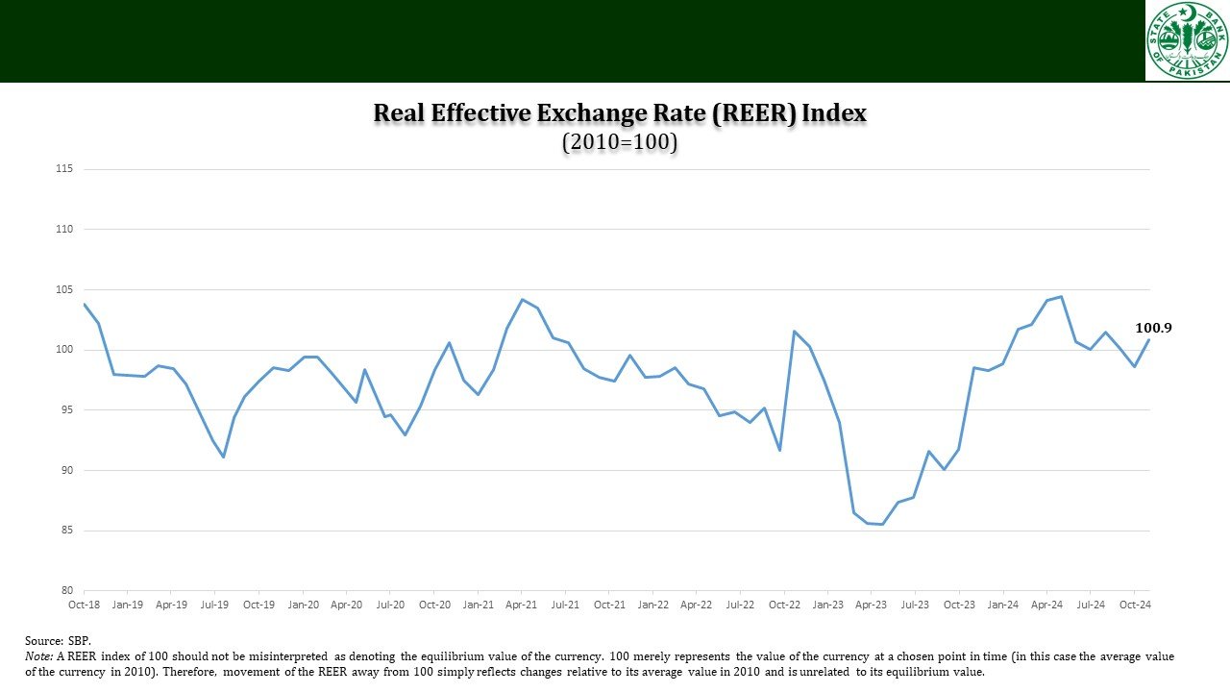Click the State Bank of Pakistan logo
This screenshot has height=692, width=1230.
(x=1187, y=40)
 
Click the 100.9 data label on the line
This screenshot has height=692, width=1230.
(x=1153, y=328)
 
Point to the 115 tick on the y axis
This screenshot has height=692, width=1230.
(x=65, y=169)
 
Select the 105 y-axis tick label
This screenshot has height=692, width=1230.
(x=65, y=289)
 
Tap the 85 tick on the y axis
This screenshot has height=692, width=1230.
(x=65, y=531)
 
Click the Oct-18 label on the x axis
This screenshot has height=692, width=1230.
(x=84, y=605)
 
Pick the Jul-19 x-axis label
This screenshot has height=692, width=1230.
(x=214, y=605)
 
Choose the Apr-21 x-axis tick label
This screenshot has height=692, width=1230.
(x=521, y=605)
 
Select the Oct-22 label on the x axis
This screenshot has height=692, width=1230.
(x=784, y=605)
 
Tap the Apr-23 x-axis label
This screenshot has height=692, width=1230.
(x=872, y=605)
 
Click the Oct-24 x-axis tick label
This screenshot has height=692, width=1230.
(x=1135, y=605)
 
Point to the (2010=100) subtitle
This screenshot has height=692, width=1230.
(x=620, y=142)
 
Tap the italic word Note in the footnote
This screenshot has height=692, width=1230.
(x=39, y=655)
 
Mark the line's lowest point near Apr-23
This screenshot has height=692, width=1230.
(x=882, y=524)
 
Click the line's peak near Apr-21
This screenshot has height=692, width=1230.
(x=522, y=299)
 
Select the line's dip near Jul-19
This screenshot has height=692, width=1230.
(x=224, y=457)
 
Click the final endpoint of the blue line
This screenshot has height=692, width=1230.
(x=1149, y=339)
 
